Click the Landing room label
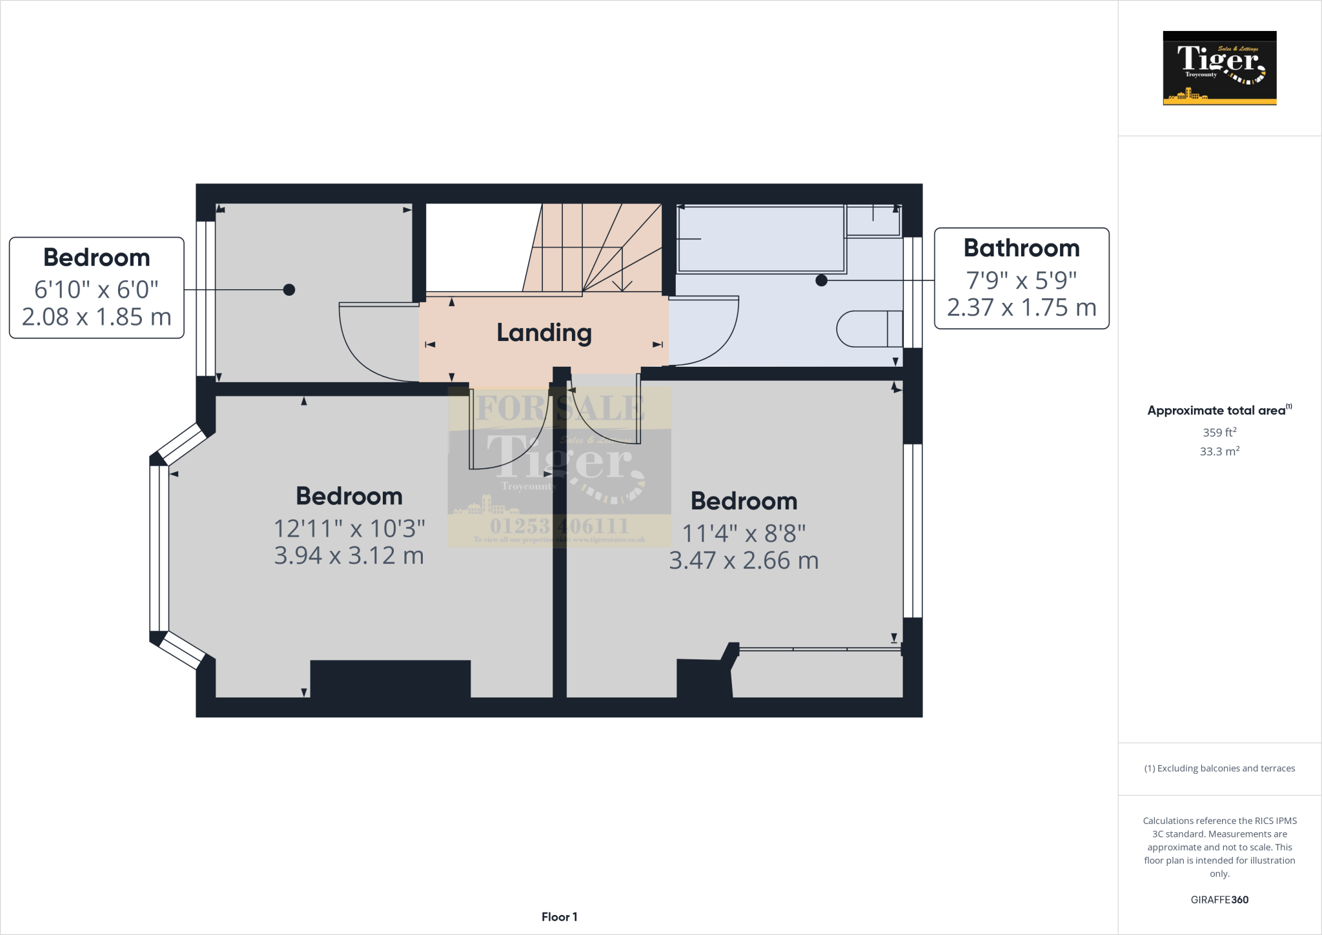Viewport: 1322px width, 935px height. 544,333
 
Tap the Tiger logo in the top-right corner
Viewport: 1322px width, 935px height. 1219,68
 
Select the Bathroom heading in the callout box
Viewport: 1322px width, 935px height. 1021,248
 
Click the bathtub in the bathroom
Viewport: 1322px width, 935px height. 761,238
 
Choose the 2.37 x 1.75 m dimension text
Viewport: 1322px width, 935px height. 1021,307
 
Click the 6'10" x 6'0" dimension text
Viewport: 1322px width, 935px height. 96,289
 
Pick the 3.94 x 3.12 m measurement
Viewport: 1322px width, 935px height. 349,555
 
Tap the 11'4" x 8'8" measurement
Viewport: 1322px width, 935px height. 744,533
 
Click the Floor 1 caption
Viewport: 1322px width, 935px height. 559,917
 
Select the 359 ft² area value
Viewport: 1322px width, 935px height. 1219,433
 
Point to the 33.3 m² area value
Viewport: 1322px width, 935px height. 1219,451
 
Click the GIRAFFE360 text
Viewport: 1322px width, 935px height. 1219,899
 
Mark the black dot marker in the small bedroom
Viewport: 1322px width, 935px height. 289,290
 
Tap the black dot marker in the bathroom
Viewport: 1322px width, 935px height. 821,280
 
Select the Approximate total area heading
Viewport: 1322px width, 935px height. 1216,411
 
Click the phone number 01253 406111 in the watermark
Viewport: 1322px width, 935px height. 559,526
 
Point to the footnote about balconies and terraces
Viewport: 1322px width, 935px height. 1219,768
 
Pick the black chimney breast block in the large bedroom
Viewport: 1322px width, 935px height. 391,678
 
